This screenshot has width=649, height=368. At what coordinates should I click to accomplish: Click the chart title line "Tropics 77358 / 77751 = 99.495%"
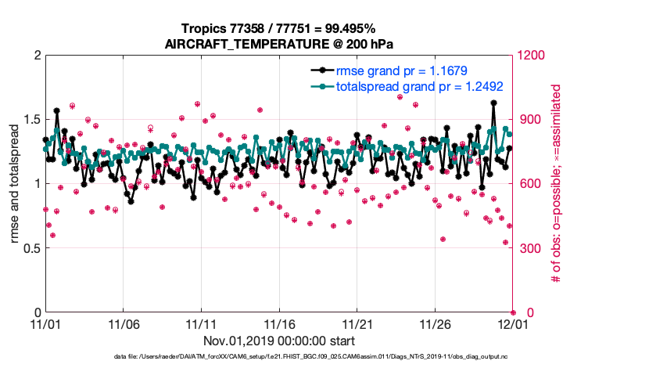279,29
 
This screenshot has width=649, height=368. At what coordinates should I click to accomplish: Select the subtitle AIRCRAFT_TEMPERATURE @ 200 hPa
279,44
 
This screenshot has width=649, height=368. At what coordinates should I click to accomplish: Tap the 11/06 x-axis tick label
123,323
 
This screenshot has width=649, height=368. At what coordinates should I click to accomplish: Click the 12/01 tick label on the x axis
513,323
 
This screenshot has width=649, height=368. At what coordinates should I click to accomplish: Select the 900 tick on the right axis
527,120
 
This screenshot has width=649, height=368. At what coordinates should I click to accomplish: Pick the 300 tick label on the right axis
527,248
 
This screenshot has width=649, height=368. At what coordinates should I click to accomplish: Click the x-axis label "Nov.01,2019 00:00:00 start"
279,341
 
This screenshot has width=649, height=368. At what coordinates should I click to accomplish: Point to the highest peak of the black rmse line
493,103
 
